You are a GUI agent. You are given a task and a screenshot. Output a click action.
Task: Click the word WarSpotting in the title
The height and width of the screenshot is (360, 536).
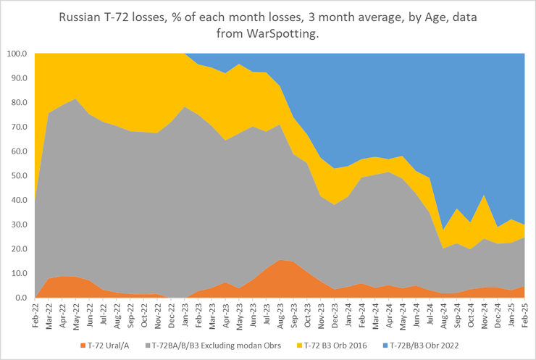coord(281,35)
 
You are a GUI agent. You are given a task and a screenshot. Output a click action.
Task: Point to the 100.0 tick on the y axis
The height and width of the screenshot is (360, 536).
coord(17,54)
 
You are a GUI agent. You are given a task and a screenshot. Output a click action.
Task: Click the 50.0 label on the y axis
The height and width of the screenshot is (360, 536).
coord(18,176)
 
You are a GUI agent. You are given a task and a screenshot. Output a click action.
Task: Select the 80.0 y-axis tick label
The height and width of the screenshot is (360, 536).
coord(18,102)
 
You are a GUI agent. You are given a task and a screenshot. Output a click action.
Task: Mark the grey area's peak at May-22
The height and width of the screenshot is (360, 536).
coord(75,99)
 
